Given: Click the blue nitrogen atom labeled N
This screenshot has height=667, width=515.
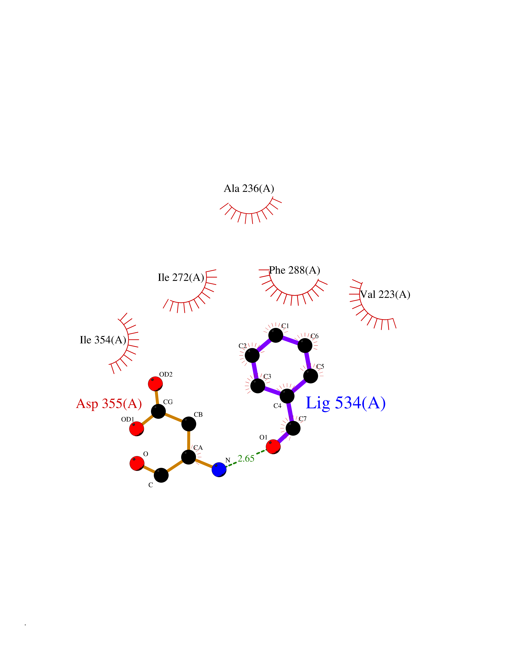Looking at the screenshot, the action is point(219,469).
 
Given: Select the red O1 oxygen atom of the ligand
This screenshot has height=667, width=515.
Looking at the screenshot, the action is point(273,447).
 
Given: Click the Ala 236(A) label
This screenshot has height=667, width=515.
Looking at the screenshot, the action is point(249,188).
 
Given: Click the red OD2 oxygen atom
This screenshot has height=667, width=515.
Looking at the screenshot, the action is point(155,384).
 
